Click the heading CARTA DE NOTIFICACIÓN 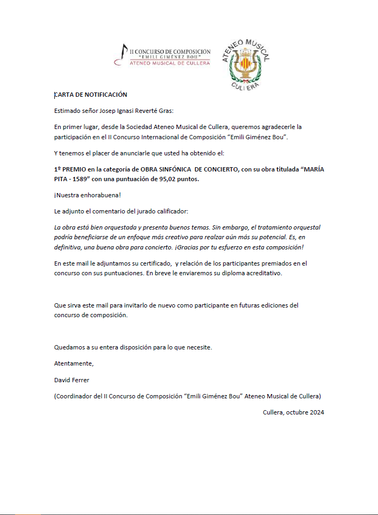tap(91, 95)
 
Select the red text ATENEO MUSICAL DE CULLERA tap(170, 63)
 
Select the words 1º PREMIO tap(70, 169)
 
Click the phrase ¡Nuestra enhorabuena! tap(87, 194)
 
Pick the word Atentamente tap(74, 363)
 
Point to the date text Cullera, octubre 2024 tap(294, 412)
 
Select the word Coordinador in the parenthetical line tap(74, 396)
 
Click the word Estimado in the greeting tap(68, 111)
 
